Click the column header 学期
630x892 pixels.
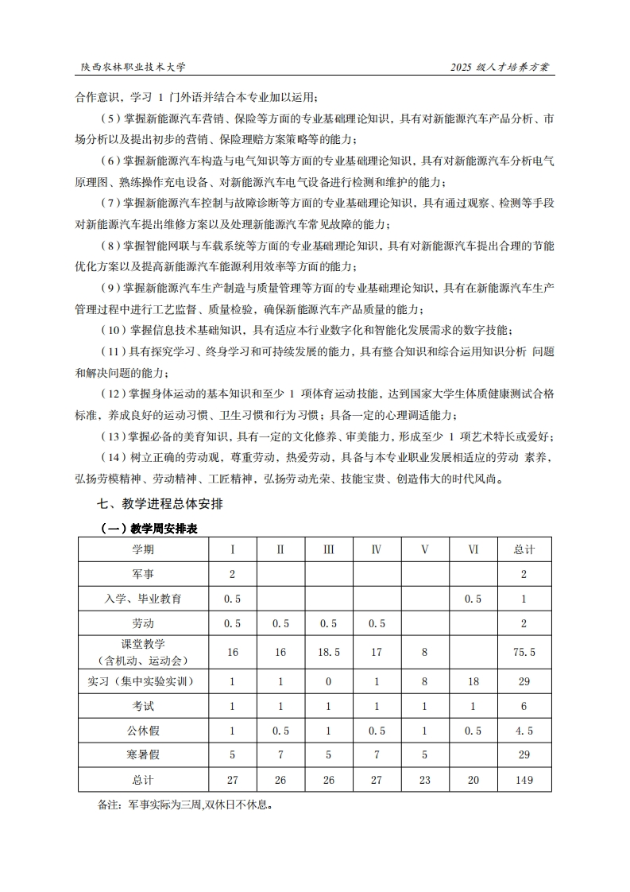(x=143, y=550)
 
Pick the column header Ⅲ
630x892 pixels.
(x=328, y=550)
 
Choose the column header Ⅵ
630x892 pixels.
(x=473, y=550)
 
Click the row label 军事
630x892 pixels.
(x=143, y=574)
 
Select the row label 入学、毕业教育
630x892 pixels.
(x=143, y=599)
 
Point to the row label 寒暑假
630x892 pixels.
(x=143, y=754)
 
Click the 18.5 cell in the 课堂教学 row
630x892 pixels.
(x=328, y=652)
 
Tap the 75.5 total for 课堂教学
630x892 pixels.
(x=524, y=652)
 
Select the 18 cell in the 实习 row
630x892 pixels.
(x=473, y=681)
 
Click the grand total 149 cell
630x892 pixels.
(x=524, y=780)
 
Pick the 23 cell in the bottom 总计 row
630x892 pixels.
(x=424, y=780)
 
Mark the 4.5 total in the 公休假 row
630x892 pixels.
(x=524, y=731)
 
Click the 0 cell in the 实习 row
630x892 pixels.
(x=328, y=681)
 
